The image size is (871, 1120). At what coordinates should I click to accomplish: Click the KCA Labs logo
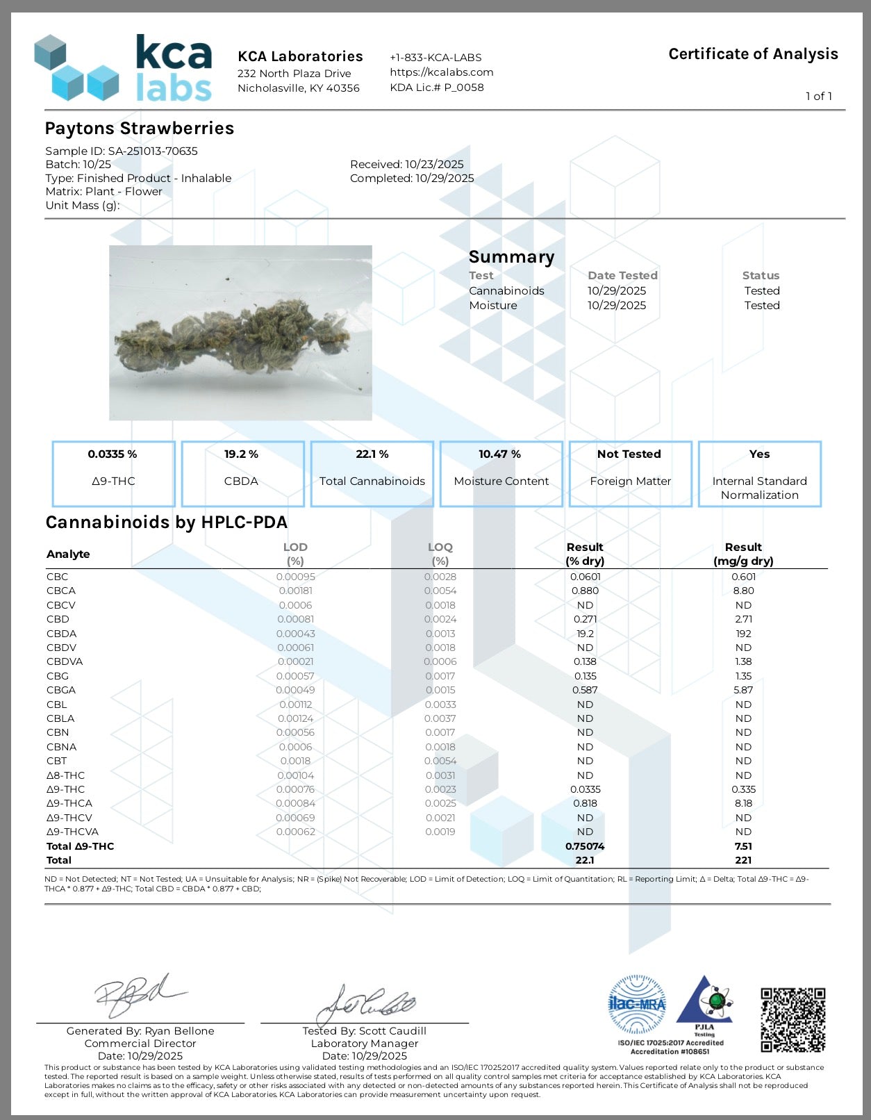pyautogui.click(x=124, y=68)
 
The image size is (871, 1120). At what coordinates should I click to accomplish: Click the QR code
pyautogui.click(x=793, y=1019)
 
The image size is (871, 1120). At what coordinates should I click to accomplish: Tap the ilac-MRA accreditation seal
pyautogui.click(x=637, y=1005)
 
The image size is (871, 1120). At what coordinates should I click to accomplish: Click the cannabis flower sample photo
pyautogui.click(x=240, y=333)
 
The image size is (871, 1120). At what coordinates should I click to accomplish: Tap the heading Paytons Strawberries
pyautogui.click(x=140, y=129)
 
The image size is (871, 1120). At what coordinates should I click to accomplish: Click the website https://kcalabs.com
pyautogui.click(x=442, y=72)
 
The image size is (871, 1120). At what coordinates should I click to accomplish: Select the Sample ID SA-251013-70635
pyautogui.click(x=153, y=151)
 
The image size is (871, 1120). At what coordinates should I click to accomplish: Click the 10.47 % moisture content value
pyautogui.click(x=499, y=454)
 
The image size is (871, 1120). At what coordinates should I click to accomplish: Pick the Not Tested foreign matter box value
pyautogui.click(x=629, y=454)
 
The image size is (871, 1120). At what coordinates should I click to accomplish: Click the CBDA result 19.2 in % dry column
pyautogui.click(x=585, y=634)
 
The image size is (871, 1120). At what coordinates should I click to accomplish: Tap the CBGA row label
pyautogui.click(x=61, y=691)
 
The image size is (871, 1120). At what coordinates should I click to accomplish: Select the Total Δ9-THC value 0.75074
pyautogui.click(x=585, y=846)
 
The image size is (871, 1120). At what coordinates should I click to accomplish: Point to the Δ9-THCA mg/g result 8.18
pyautogui.click(x=743, y=803)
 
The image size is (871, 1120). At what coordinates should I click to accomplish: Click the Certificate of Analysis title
pyautogui.click(x=753, y=54)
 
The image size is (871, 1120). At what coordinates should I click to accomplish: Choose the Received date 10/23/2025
pyautogui.click(x=434, y=165)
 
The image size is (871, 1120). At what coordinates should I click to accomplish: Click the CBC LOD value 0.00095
pyautogui.click(x=295, y=577)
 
